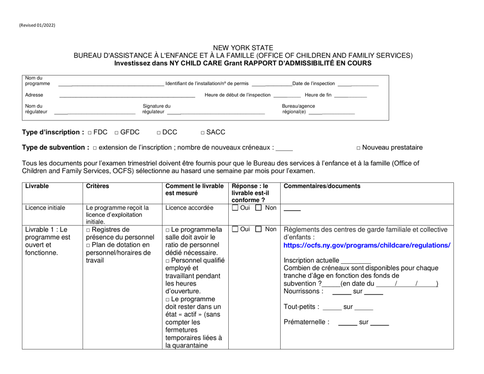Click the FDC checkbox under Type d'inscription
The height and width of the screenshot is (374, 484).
tap(89, 133)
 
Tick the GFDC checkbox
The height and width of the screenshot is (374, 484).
tap(117, 133)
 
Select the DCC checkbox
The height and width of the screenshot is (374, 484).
tap(159, 133)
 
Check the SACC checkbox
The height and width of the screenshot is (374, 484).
tap(203, 133)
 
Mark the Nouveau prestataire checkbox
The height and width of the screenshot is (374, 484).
tap(359, 148)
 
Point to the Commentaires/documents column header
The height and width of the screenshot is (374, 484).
tap(321, 186)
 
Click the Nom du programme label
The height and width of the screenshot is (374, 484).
tap(37, 80)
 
